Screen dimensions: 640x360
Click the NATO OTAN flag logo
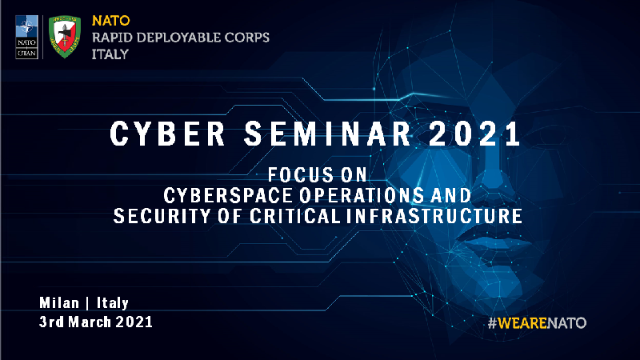[26, 37]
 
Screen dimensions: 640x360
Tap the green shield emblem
[65, 37]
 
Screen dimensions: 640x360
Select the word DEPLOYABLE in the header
[181, 38]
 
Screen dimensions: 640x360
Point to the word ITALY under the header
[110, 54]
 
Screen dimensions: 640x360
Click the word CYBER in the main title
[167, 134]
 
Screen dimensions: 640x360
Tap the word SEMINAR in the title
[328, 134]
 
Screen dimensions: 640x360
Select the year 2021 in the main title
[474, 134]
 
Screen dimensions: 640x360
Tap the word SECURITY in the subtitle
[162, 216]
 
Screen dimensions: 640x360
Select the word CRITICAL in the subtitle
[295, 216]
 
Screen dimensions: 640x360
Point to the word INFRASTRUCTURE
[434, 216]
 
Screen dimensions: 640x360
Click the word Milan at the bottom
[59, 303]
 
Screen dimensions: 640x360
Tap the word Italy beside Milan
[113, 303]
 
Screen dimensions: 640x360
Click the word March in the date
[90, 322]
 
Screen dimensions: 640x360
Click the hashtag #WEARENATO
[537, 323]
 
